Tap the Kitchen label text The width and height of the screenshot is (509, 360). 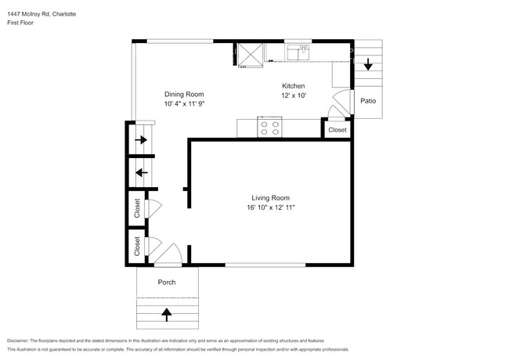[x=293, y=86]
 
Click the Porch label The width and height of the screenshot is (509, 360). [x=166, y=283]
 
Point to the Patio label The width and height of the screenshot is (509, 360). [x=367, y=100]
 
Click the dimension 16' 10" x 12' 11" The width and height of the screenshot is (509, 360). [x=270, y=207]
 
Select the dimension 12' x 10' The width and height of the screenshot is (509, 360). [x=293, y=95]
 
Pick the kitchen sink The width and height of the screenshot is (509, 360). [x=299, y=52]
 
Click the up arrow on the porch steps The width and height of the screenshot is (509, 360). [x=166, y=315]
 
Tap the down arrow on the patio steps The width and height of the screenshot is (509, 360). [x=367, y=66]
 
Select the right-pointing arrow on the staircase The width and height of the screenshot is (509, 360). [x=141, y=140]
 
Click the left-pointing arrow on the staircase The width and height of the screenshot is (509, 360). [x=141, y=172]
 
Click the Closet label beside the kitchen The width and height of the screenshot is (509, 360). [x=338, y=130]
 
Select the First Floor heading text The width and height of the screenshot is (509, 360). [x=21, y=23]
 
